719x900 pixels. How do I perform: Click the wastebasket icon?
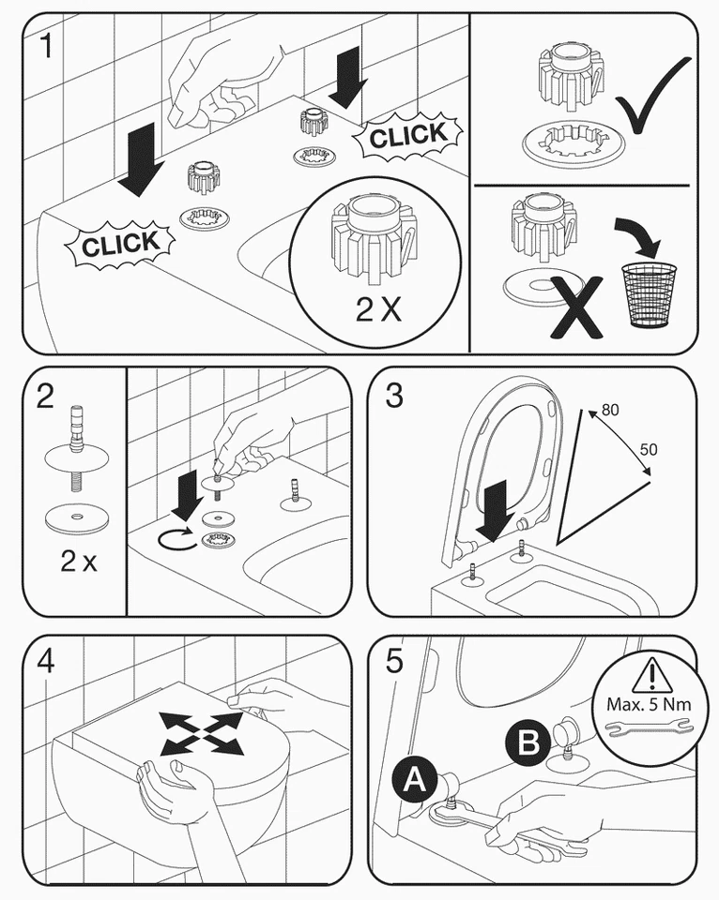pos(648,293)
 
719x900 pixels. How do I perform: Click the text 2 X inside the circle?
pos(378,310)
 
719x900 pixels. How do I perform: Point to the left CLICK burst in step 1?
pos(120,245)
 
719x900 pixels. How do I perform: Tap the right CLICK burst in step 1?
pos(407,137)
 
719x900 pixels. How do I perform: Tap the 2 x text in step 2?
pos(79,562)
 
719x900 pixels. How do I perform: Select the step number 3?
pos(394,397)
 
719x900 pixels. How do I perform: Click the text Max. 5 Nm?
pos(650,704)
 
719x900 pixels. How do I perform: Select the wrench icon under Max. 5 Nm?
pos(649,727)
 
